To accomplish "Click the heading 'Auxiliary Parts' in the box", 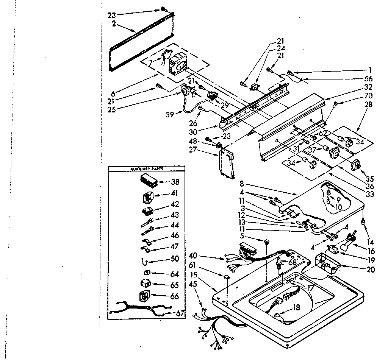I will pyautogui.click(x=146, y=169).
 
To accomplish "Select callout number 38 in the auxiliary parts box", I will pyautogui.click(x=175, y=182).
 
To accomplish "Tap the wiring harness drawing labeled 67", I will pyautogui.click(x=137, y=309).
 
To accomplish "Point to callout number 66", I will pyautogui.click(x=175, y=296).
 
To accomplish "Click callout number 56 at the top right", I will pyautogui.click(x=368, y=79).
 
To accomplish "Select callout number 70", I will pyautogui.click(x=368, y=96).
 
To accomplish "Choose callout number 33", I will pyautogui.click(x=370, y=195).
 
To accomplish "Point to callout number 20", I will pyautogui.click(x=370, y=270).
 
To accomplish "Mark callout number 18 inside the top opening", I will pyautogui.click(x=296, y=308).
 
